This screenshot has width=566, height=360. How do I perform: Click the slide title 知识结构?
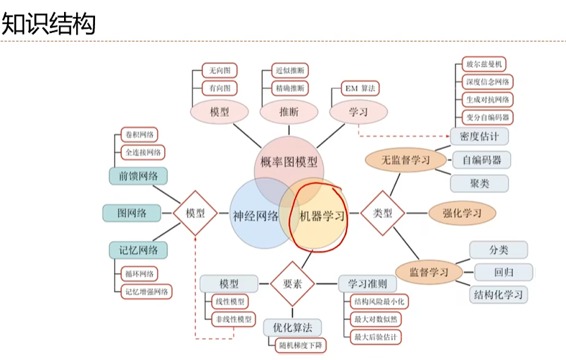point(48,23)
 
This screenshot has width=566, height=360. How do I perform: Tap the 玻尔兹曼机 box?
point(483,66)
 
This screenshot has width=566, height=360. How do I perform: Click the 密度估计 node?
point(479,135)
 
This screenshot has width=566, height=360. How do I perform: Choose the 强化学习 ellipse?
point(462,212)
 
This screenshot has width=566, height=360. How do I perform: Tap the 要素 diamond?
point(292,283)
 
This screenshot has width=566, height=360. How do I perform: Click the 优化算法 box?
point(292,328)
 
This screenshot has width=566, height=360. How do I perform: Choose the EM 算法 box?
point(359,89)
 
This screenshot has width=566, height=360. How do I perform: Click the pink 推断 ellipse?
point(289,111)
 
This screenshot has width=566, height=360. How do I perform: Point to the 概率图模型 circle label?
point(289,163)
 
